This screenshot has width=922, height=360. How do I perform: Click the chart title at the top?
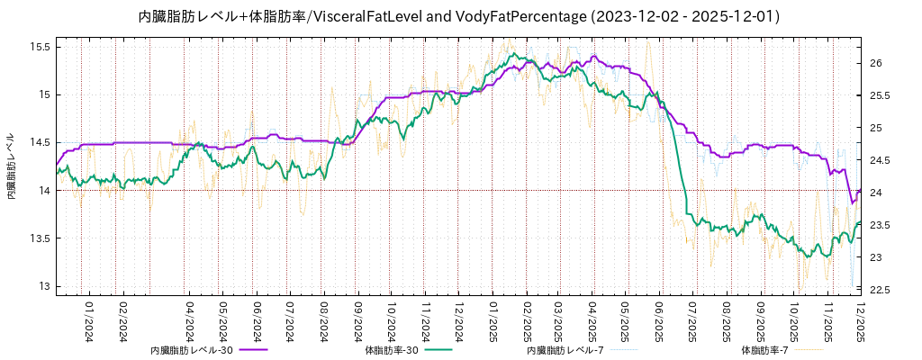(459, 16)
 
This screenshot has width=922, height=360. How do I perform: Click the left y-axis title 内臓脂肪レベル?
(12, 166)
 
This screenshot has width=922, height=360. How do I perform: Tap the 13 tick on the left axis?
(43, 286)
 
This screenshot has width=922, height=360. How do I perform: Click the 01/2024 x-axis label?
(89, 321)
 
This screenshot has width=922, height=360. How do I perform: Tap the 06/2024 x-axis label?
(258, 321)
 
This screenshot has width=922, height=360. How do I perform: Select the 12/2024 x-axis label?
(457, 321)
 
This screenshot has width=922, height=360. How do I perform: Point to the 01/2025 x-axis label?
(493, 321)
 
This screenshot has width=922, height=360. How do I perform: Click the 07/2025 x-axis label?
(693, 321)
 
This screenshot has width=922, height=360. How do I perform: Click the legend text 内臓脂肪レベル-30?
(192, 349)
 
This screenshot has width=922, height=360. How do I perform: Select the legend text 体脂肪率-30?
(392, 349)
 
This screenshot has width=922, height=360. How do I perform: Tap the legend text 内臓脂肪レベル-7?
(565, 349)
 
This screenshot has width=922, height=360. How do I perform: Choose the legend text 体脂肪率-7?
(764, 349)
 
